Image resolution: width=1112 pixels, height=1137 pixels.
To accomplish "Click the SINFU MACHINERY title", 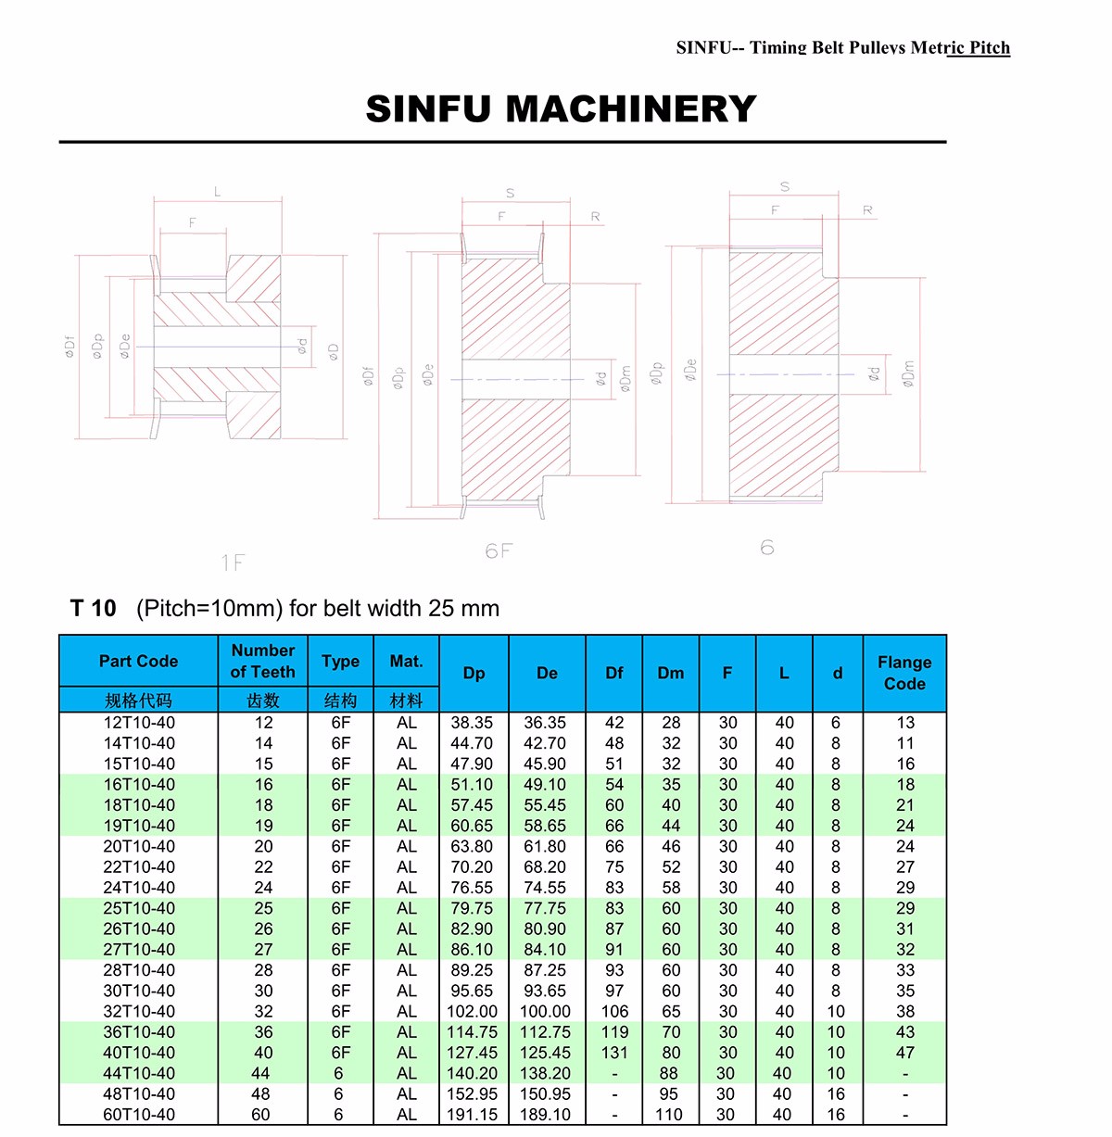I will pyautogui.click(x=561, y=109).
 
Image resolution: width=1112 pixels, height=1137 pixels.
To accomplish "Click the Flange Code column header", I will pyautogui.click(x=904, y=673).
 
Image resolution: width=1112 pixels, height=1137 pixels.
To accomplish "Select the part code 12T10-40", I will pyautogui.click(x=139, y=723).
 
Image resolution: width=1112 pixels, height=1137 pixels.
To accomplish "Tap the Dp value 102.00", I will pyautogui.click(x=473, y=1012).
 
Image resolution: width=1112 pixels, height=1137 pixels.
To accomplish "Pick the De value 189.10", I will pyautogui.click(x=545, y=1115).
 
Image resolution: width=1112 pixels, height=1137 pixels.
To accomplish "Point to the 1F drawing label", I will pyautogui.click(x=233, y=562).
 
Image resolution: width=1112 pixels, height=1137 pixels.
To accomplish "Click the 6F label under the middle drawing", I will pyautogui.click(x=499, y=551).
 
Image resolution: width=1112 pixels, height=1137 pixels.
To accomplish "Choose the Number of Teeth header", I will pyautogui.click(x=263, y=661).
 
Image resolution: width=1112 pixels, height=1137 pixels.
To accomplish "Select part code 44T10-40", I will pyautogui.click(x=139, y=1073).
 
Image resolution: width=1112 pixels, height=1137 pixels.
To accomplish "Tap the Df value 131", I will pyautogui.click(x=614, y=1053).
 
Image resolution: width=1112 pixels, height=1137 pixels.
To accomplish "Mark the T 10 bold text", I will pyautogui.click(x=94, y=609).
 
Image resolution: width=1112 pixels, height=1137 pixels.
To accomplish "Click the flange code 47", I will pyautogui.click(x=905, y=1053).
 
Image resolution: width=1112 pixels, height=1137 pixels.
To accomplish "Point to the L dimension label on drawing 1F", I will pyautogui.click(x=218, y=192).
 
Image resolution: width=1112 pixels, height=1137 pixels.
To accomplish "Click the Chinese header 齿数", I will pyautogui.click(x=263, y=701).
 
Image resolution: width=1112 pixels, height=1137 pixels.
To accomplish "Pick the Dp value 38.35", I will pyautogui.click(x=473, y=723).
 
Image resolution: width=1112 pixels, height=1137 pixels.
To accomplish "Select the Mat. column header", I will pyautogui.click(x=406, y=661).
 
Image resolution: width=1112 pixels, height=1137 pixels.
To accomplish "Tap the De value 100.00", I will pyautogui.click(x=545, y=1012).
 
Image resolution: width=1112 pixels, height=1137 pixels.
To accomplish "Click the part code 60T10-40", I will pyautogui.click(x=139, y=1115).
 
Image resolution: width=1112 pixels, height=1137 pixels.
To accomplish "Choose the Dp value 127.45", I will pyautogui.click(x=473, y=1053).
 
